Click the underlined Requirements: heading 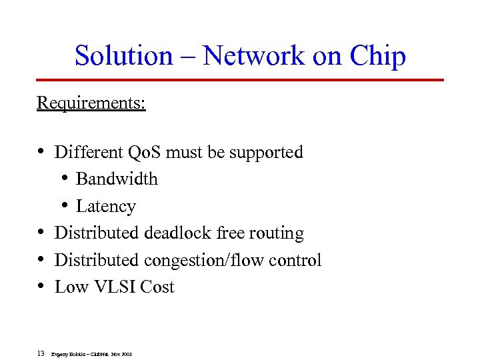click(x=91, y=103)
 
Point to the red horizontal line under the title click(x=240, y=79)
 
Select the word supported click(x=266, y=153)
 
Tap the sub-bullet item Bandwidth click(x=117, y=179)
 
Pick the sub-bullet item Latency click(x=105, y=207)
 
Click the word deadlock click(x=177, y=233)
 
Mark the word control click(x=295, y=260)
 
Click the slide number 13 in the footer click(x=41, y=353)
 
